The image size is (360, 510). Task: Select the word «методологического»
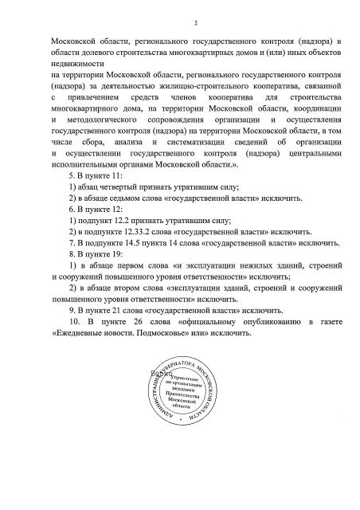click(116, 118)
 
